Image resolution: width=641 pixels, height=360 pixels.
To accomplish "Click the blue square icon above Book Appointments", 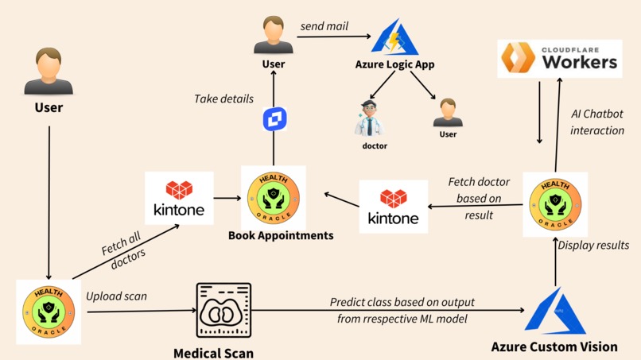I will tap(274, 119).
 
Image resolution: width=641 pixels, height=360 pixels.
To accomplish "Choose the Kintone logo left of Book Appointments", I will tap(179, 198).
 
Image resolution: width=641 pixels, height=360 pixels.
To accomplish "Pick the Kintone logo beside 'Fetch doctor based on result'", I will tap(393, 206).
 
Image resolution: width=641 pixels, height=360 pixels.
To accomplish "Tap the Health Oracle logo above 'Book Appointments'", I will tap(274, 197).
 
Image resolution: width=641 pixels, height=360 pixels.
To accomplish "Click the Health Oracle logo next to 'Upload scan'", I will tap(49, 312).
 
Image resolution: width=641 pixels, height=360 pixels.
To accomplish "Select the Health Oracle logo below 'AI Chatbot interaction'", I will tap(555, 204).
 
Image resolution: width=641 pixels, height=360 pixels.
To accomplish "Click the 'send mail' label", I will tap(324, 26).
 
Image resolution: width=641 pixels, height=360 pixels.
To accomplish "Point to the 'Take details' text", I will tap(223, 99).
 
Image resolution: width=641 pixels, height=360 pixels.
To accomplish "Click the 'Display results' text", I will tap(592, 245).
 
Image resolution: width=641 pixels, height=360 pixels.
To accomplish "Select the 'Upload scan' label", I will tap(116, 296).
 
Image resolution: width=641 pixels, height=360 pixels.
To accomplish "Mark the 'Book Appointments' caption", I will tap(281, 235).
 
